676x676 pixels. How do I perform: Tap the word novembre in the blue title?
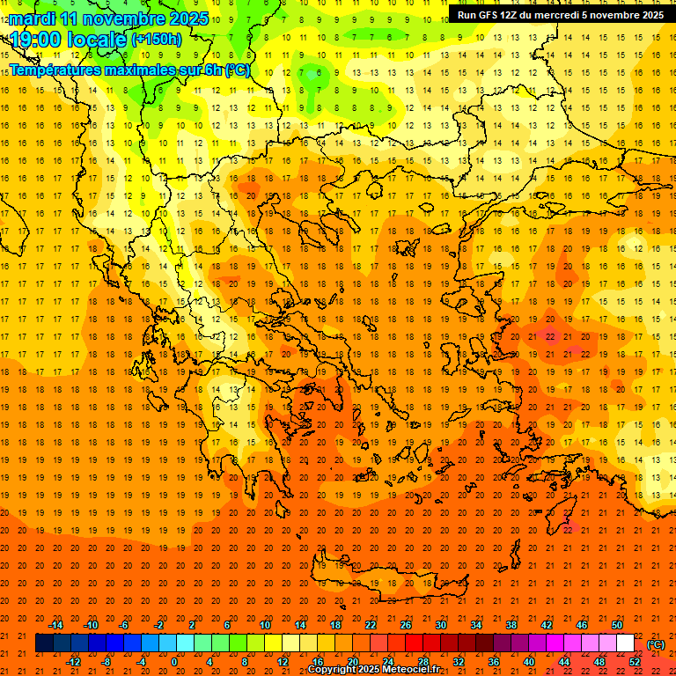click(115, 18)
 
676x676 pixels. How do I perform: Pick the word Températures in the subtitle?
click(62, 70)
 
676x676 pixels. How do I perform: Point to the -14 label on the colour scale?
click(55, 625)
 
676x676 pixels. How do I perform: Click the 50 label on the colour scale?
click(617, 625)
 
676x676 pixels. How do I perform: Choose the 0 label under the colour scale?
click(174, 662)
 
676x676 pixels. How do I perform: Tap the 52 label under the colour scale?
click(635, 662)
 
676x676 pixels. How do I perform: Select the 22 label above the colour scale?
click(371, 625)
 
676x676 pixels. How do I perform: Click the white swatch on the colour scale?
click(626, 643)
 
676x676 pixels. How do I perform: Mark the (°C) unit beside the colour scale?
click(656, 644)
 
